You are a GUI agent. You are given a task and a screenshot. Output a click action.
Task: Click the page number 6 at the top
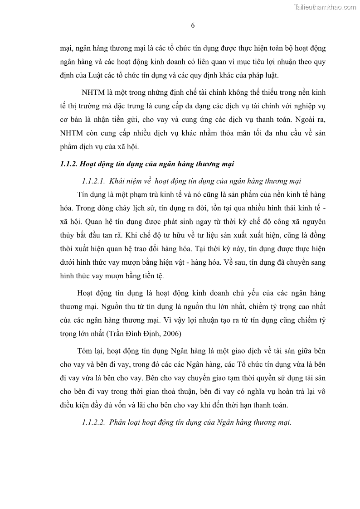point(193,25)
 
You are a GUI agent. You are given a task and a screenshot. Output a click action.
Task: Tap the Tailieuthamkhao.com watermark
point(325,7)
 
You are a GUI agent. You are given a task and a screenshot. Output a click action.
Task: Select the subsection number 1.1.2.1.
point(94,181)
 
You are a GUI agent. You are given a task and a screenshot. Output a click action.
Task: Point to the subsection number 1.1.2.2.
point(94,422)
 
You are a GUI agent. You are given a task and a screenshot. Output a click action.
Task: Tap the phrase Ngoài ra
point(310,120)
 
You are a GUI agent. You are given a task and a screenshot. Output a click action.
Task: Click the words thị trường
point(83,106)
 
